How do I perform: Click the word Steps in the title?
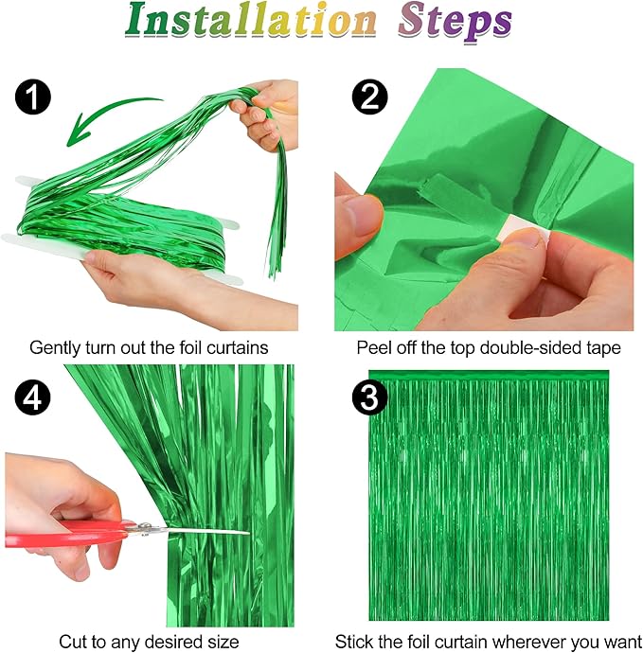(455, 24)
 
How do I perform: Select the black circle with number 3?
(369, 398)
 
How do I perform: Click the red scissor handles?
(66, 535)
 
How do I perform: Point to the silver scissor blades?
(194, 530)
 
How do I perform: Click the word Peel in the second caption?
(373, 348)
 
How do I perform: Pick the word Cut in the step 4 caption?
(73, 643)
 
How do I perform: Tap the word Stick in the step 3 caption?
(356, 643)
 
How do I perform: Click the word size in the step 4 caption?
(223, 643)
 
